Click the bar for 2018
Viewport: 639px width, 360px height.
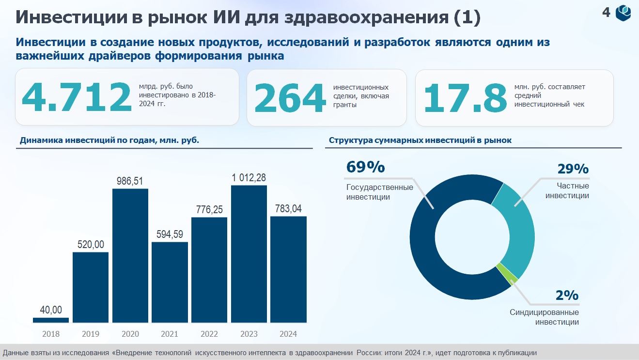[51, 320]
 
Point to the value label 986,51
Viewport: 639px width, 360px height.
[130, 181]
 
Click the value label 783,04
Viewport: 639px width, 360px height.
[288, 209]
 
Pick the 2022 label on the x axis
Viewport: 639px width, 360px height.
[209, 334]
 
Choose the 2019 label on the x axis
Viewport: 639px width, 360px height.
[91, 334]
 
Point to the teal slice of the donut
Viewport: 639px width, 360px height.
[517, 228]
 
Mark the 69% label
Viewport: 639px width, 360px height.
[365, 167]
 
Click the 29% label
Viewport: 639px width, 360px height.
[573, 169]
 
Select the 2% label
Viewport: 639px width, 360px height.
[567, 295]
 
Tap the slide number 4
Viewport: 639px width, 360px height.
[606, 13]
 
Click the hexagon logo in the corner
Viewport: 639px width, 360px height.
[623, 13]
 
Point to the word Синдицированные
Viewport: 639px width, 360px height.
[544, 312]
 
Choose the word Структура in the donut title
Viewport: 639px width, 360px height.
[351, 141]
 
